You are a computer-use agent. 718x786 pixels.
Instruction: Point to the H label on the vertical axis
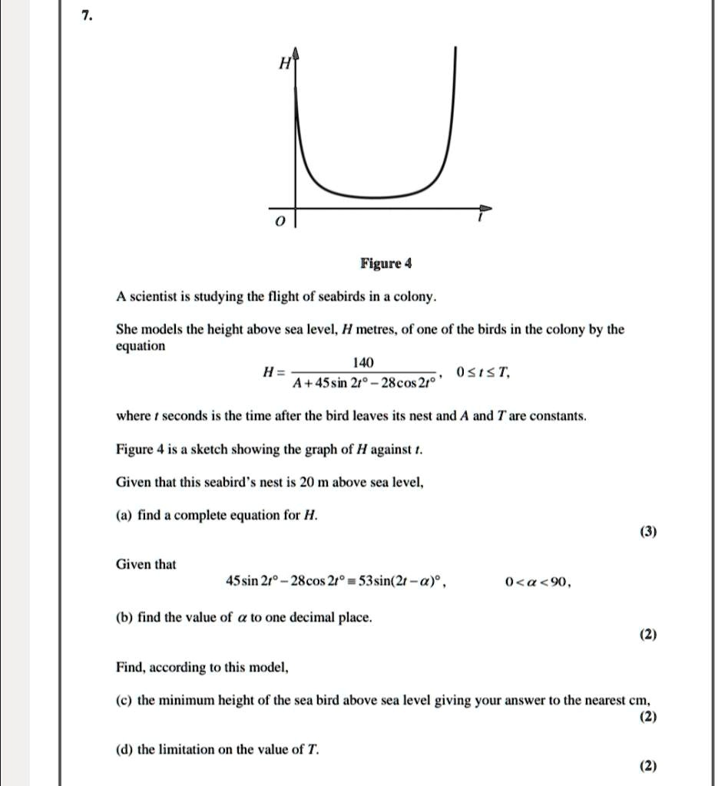click(x=283, y=65)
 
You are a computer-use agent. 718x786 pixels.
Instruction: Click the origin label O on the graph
click(x=280, y=222)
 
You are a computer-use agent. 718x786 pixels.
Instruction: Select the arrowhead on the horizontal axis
click(x=485, y=208)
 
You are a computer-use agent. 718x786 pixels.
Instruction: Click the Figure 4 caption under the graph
click(x=386, y=264)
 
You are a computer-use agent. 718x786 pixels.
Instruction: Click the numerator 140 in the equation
click(x=362, y=362)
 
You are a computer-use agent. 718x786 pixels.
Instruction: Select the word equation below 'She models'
click(x=141, y=346)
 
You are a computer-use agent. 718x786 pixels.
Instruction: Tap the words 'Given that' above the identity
click(x=145, y=565)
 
